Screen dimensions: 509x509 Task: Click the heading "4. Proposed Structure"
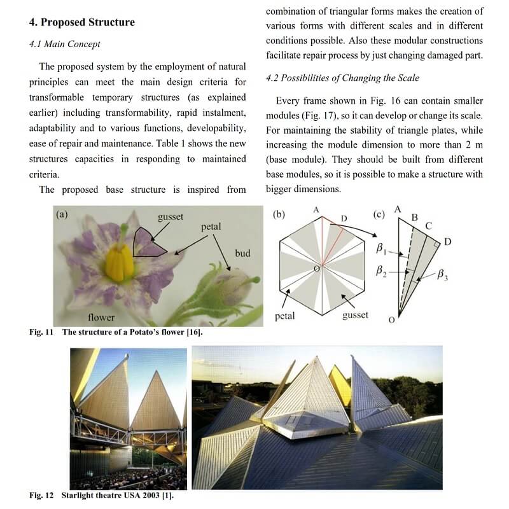tap(82, 22)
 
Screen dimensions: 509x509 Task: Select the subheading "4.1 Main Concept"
tap(65, 45)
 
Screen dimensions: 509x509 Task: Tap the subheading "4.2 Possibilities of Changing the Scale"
tap(342, 78)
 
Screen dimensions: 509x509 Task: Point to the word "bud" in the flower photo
tap(242, 253)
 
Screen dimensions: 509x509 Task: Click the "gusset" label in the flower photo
tap(171, 217)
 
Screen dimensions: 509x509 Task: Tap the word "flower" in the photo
tap(101, 317)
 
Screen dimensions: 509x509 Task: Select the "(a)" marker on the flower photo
tap(62, 214)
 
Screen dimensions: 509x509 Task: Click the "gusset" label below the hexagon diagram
tap(355, 315)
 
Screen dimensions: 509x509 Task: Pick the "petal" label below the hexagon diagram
tap(284, 316)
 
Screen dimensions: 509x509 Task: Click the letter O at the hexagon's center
tap(316, 270)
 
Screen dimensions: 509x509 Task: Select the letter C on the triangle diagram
tap(429, 226)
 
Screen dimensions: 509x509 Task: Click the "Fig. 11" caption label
tap(42, 332)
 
